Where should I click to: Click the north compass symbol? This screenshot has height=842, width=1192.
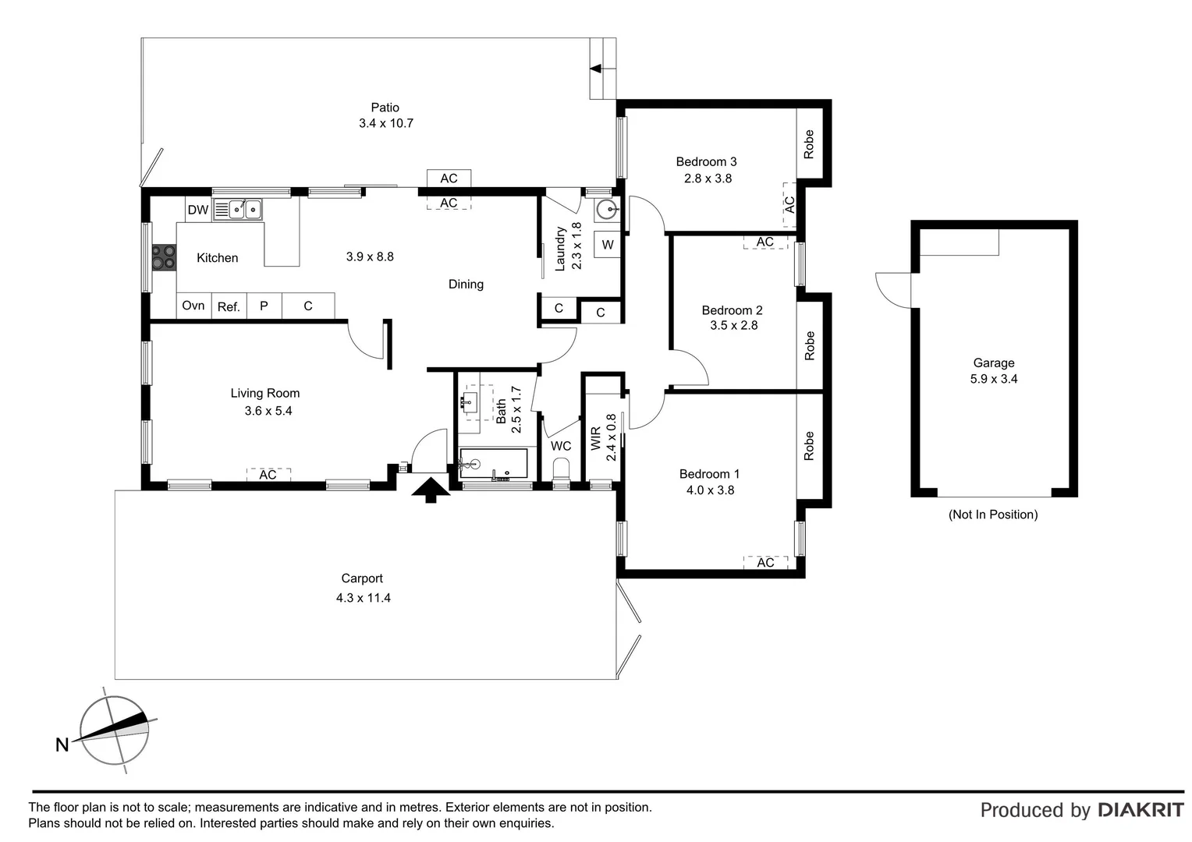coord(114,731)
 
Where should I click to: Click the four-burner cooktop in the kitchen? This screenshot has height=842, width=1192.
coord(164,257)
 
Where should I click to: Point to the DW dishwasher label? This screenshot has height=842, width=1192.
coord(198,210)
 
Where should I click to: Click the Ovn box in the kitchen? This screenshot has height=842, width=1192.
coord(193,306)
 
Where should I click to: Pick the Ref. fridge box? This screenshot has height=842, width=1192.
coord(229,306)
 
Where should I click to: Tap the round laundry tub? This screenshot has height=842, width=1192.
coord(607,210)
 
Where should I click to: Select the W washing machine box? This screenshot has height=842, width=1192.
coord(608,245)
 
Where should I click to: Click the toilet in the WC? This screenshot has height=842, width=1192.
coord(561,471)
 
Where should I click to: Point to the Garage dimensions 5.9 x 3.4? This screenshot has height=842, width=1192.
coord(993,379)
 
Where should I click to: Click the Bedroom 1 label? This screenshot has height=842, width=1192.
coord(709,474)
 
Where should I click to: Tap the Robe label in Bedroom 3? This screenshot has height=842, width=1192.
coord(809,144)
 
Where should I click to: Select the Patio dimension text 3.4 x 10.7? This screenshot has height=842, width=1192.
coord(385,123)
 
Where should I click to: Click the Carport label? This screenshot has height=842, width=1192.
coord(362,578)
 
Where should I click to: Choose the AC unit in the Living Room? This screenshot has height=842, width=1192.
coord(268,474)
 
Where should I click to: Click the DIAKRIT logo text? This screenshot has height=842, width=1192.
coord(1141,810)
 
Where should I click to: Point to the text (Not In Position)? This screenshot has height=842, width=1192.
coord(993,515)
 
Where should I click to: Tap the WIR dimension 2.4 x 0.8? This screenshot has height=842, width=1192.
coord(612,437)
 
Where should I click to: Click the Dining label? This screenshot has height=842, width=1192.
coord(466,285)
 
